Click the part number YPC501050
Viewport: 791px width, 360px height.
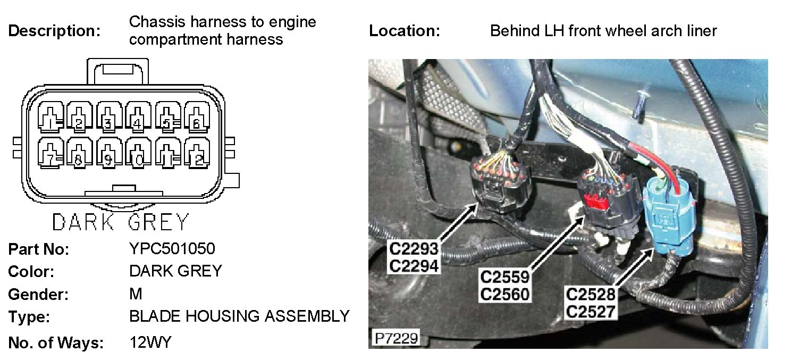[172, 249]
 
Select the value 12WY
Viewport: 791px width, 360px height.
[150, 342]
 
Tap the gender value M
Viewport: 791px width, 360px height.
[136, 294]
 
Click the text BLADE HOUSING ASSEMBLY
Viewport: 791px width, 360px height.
[239, 317]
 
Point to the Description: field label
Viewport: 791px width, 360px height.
[54, 31]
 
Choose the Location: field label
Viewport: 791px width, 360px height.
[405, 31]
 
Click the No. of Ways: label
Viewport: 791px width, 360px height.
[56, 343]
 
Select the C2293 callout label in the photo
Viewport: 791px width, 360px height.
[414, 249]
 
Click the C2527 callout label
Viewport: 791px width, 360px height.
[591, 312]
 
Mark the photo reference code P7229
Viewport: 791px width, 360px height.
[395, 338]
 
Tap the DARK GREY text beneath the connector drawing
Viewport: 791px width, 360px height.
[120, 222]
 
